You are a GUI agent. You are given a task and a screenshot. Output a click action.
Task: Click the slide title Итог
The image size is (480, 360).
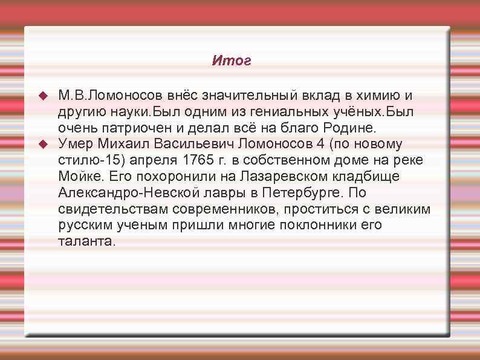click(232, 61)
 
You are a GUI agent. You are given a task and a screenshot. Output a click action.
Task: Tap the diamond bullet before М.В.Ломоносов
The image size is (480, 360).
click(42, 97)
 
